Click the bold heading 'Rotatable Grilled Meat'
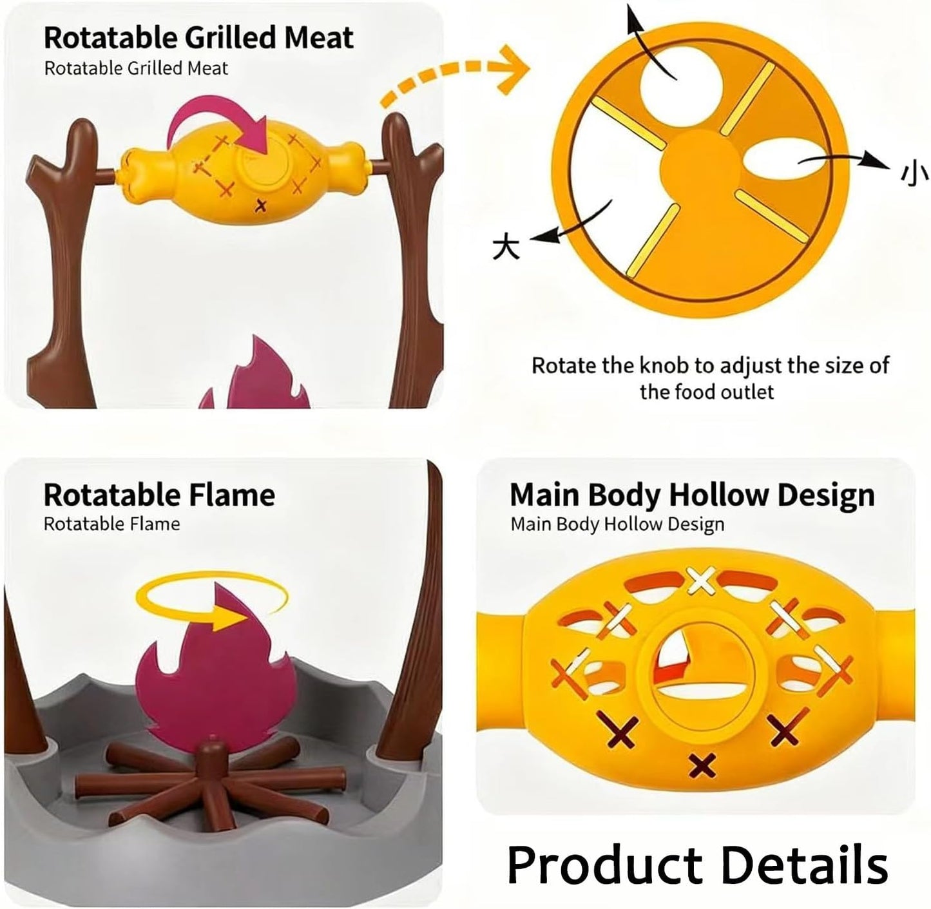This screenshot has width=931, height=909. coord(198,37)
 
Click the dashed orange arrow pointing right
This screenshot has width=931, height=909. coord(454,72)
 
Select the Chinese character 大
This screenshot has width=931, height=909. coord(506,245)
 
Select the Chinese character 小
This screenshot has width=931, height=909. coord(914,173)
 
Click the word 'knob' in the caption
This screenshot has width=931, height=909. coord(664,365)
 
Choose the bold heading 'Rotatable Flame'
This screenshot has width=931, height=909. coord(159,495)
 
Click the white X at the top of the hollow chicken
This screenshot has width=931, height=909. coord(701,580)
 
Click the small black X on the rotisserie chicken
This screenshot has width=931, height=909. coord(261,206)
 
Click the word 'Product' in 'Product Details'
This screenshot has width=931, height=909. coord(604,865)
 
